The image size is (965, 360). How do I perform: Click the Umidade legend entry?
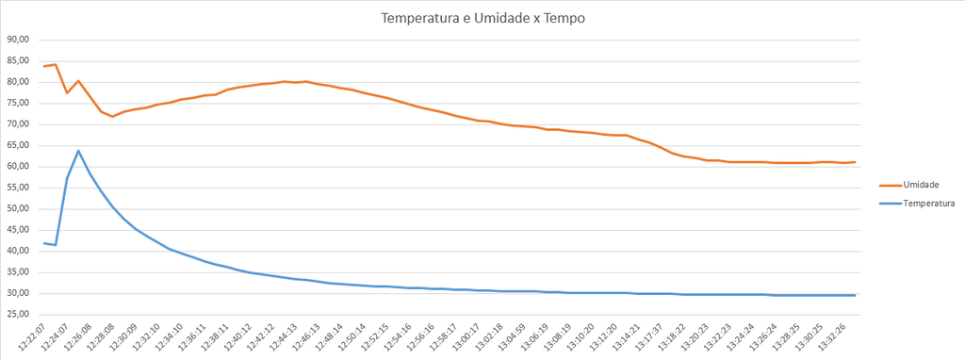point(920,185)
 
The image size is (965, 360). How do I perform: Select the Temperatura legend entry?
point(927,203)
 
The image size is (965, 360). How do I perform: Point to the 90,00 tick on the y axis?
point(19,40)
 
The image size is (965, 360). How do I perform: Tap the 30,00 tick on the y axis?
point(19,293)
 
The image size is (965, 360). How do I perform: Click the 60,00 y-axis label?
point(19,167)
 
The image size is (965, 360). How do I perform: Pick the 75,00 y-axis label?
point(19,103)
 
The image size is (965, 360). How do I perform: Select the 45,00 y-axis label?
point(19,230)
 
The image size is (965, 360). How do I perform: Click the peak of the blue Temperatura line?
point(78,151)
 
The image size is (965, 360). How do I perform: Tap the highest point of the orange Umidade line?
point(56,64)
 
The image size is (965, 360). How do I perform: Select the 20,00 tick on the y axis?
point(19,335)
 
